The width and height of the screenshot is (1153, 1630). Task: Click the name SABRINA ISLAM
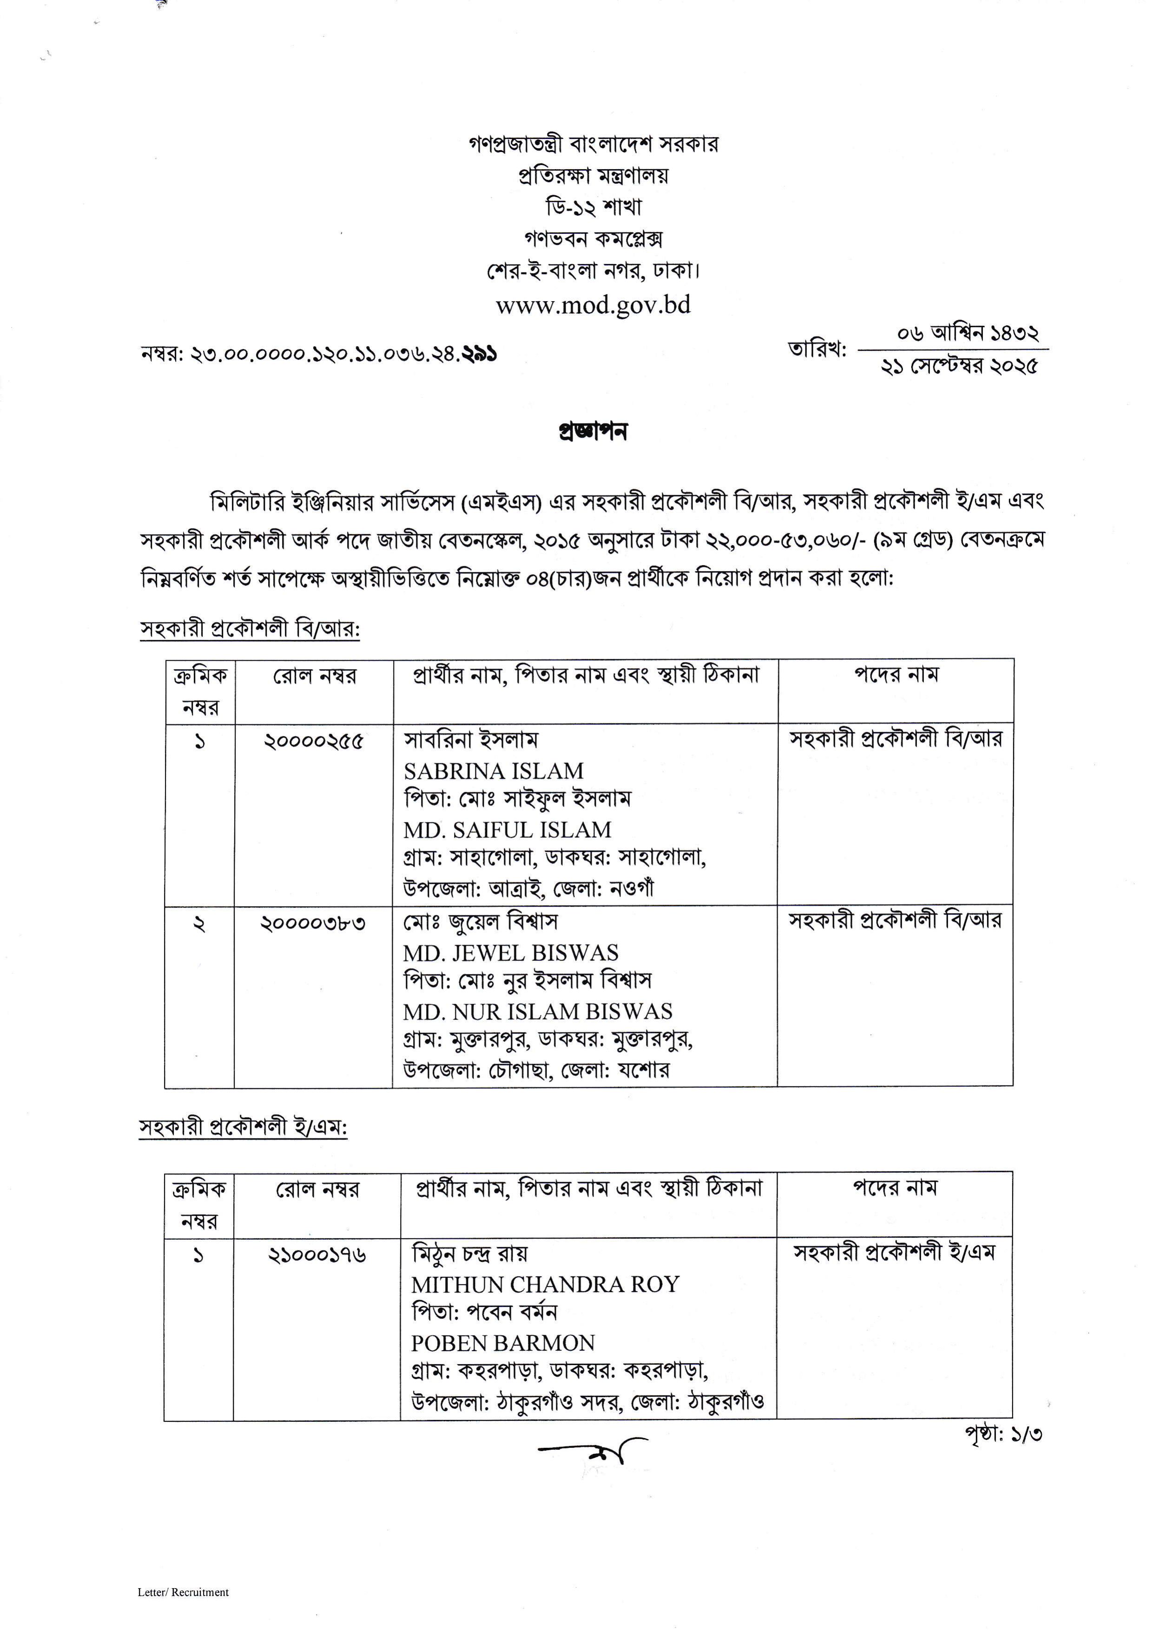(x=494, y=771)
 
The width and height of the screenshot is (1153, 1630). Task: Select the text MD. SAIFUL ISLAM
(x=507, y=830)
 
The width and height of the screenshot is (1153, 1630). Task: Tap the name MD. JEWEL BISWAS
(x=510, y=953)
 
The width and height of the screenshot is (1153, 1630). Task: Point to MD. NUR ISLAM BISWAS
(x=537, y=1012)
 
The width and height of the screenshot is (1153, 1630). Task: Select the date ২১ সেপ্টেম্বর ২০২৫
(x=958, y=366)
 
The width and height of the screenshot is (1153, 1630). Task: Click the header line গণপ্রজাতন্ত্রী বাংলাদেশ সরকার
(x=593, y=144)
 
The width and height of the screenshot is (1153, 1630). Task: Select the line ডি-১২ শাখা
(x=593, y=207)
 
